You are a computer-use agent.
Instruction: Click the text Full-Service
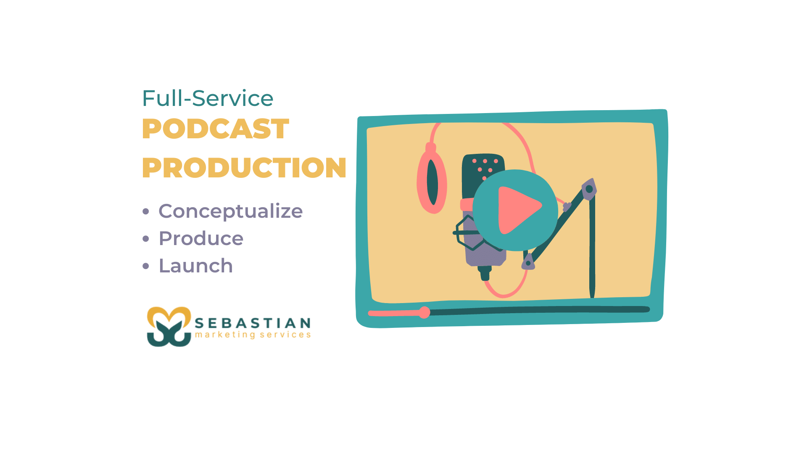pyautogui.click(x=208, y=98)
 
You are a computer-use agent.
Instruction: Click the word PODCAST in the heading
pyautogui.click(x=215, y=129)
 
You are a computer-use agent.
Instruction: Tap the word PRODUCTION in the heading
pyautogui.click(x=244, y=168)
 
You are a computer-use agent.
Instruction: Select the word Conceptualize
pyautogui.click(x=230, y=211)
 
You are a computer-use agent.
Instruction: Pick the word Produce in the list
pyautogui.click(x=201, y=238)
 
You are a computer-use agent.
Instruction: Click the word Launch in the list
pyautogui.click(x=195, y=266)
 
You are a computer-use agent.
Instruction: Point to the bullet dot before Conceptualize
pyautogui.click(x=146, y=211)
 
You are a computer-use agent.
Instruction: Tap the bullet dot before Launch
pyautogui.click(x=146, y=266)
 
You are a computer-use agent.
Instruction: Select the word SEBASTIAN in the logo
pyautogui.click(x=253, y=323)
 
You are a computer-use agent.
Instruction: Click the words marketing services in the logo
pyautogui.click(x=253, y=335)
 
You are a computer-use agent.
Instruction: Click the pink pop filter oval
pyautogui.click(x=432, y=183)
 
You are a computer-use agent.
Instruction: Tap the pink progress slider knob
pyautogui.click(x=425, y=312)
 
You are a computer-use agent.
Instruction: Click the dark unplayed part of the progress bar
pyautogui.click(x=538, y=311)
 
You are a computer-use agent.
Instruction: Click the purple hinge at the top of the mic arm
pyautogui.click(x=589, y=189)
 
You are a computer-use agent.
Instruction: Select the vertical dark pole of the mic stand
pyautogui.click(x=592, y=248)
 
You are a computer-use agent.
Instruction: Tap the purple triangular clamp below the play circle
pyautogui.click(x=528, y=262)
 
